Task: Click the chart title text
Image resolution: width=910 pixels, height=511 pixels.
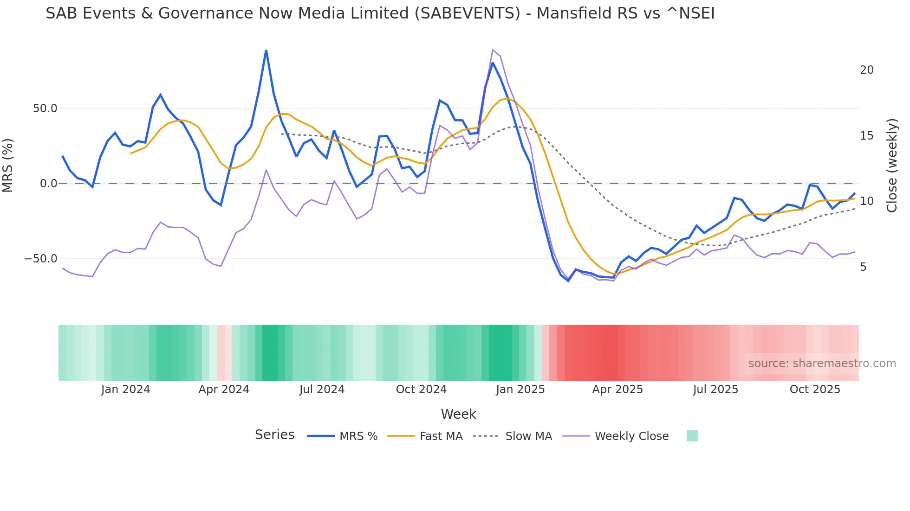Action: click(x=380, y=13)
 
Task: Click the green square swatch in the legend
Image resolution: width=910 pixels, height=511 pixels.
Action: click(x=692, y=436)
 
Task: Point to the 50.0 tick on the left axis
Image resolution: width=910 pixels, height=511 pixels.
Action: click(x=45, y=109)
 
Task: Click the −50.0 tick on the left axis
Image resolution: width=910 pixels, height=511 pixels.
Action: click(x=41, y=259)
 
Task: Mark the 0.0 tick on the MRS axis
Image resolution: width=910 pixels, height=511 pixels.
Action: click(x=49, y=184)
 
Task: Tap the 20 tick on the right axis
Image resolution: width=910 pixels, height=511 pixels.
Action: click(x=866, y=70)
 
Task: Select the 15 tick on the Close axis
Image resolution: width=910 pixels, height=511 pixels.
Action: click(x=866, y=136)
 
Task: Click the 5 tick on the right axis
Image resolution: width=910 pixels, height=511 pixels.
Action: click(x=863, y=267)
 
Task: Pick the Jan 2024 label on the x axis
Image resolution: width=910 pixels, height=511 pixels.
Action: click(x=125, y=390)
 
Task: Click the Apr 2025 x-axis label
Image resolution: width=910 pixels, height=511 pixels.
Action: click(x=617, y=390)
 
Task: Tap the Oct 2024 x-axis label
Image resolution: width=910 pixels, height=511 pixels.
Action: click(x=421, y=390)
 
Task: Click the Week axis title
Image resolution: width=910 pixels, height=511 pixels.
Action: click(x=458, y=414)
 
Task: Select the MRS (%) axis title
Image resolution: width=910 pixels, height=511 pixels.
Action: click(x=8, y=165)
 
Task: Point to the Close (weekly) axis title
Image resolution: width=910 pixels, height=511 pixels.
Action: click(x=892, y=166)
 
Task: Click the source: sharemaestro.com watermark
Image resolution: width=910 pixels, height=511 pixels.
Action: click(x=822, y=364)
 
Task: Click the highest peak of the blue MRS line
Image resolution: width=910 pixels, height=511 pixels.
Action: click(x=266, y=51)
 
